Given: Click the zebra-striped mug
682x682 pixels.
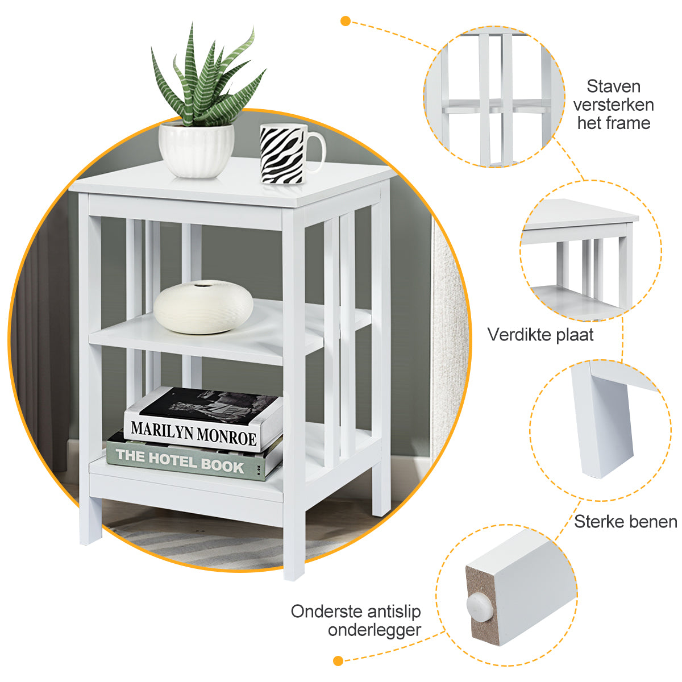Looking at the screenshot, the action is click(x=292, y=154).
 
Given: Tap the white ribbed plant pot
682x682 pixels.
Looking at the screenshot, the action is click(x=197, y=149).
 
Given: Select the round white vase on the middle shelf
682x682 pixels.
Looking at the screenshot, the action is click(x=203, y=307).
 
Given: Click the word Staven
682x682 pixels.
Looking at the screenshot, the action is click(x=613, y=86).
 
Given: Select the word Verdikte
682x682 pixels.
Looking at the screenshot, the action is click(x=519, y=334).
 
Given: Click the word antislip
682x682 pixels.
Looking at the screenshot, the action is click(x=394, y=611).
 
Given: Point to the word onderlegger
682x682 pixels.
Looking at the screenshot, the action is click(x=375, y=630).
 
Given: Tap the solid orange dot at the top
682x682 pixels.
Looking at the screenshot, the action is click(x=346, y=21).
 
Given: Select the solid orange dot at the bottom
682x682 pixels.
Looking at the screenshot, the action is click(x=338, y=661).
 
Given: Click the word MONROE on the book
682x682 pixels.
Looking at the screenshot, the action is click(x=227, y=436).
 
